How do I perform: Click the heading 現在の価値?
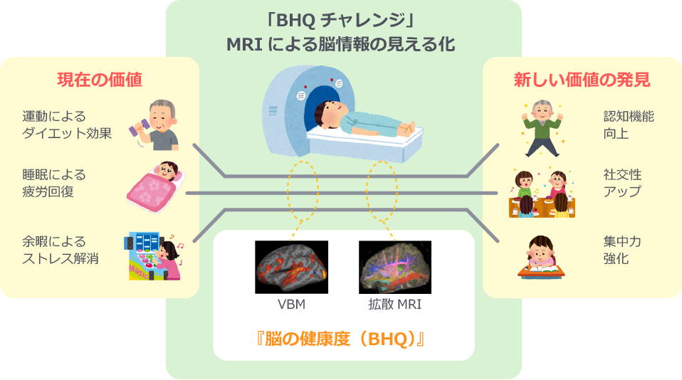tap(100, 80)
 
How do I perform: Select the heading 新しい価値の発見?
tap(582, 80)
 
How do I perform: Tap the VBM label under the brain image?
tap(291, 305)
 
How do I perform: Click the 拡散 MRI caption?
tap(395, 305)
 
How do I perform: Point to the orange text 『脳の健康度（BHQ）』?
tap(340, 339)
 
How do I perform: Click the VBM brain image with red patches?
tap(291, 267)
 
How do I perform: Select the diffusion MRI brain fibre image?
tap(395, 267)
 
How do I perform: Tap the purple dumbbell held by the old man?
tap(140, 129)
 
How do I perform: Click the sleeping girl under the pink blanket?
tap(156, 186)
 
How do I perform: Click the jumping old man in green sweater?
tap(542, 128)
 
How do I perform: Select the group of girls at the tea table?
tap(542, 194)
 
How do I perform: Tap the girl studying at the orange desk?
tap(541, 258)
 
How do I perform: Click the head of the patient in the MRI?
tap(326, 111)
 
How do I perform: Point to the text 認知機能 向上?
tap(629, 125)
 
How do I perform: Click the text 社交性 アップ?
tap(622, 183)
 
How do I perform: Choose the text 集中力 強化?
tap(622, 250)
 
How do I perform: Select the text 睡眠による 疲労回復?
tap(54, 183)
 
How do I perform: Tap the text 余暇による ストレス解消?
tap(61, 250)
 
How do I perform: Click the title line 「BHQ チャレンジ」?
tap(340, 20)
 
